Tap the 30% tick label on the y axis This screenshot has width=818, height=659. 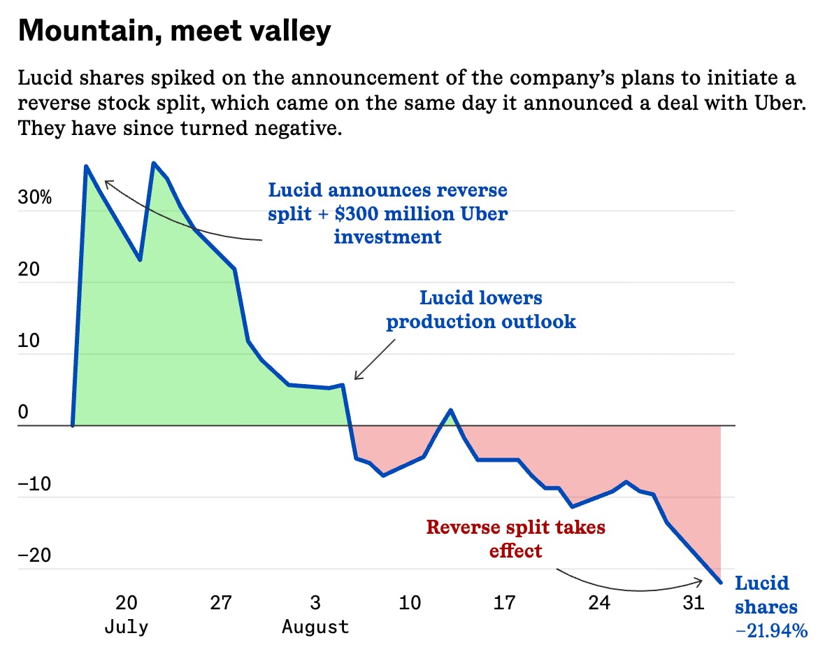(35, 197)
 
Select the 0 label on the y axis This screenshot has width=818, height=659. (23, 412)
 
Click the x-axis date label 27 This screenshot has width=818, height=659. (221, 602)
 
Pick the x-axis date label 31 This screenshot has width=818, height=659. (693, 602)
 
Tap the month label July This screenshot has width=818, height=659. (126, 626)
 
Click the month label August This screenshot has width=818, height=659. (315, 626)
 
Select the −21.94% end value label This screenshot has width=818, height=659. (771, 630)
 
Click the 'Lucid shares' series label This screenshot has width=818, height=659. (766, 595)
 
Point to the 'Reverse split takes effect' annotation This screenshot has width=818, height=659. (516, 539)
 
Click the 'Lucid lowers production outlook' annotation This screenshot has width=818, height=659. (481, 309)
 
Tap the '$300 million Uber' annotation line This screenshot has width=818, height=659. (388, 213)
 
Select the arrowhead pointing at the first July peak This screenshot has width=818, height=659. (106, 182)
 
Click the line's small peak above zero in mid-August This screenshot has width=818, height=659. (451, 410)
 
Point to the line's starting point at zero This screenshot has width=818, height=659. (73, 425)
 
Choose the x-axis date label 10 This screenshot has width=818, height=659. (410, 602)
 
